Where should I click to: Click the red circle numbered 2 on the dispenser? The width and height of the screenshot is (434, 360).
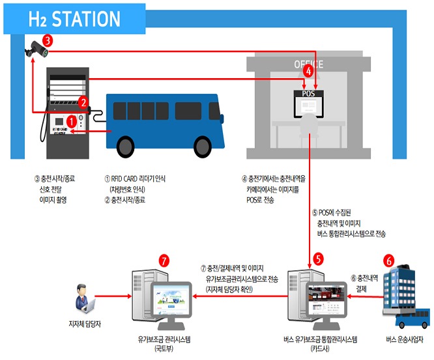83,102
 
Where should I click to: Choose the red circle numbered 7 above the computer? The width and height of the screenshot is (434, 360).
164,260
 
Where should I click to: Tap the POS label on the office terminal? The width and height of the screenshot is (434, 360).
308,93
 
